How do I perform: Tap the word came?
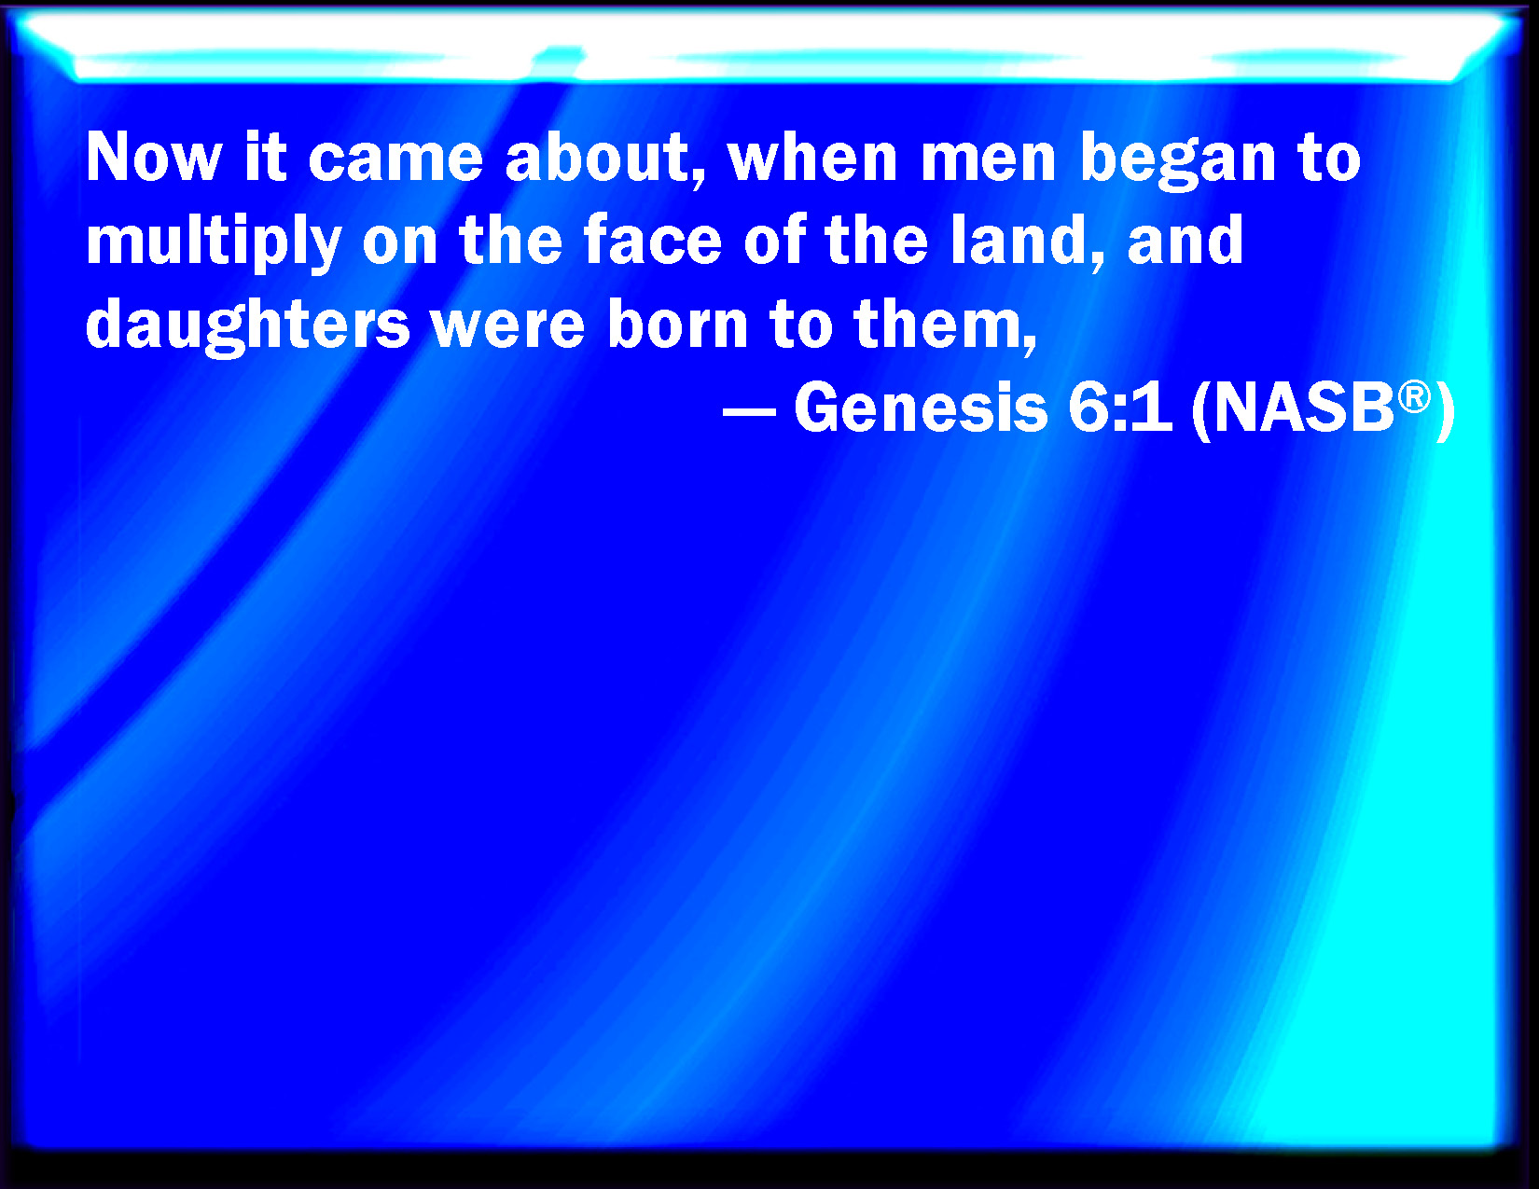coord(395,158)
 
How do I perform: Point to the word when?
coord(813,157)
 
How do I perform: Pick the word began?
coord(1178,160)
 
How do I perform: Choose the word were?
coord(508,329)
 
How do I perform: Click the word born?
coord(678,324)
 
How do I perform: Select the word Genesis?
coord(921,408)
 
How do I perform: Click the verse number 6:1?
coord(1120,408)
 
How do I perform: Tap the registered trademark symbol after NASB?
coord(1415,396)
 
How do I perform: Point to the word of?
coord(775,240)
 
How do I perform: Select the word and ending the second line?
coord(1185,240)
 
